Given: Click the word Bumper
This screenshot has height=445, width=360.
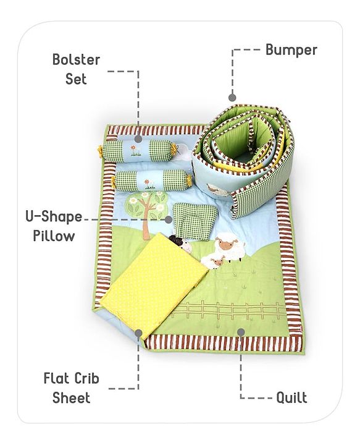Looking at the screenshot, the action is [291, 51].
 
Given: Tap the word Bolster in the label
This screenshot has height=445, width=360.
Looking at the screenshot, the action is [76, 59].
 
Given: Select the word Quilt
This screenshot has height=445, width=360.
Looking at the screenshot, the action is [291, 397].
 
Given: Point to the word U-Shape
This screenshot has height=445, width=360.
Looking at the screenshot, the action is [54, 217].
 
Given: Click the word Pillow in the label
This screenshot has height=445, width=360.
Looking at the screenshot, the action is [54, 236].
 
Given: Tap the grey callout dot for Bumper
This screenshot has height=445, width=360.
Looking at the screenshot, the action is [232, 98].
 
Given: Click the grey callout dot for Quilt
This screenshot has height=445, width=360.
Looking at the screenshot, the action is [241, 333].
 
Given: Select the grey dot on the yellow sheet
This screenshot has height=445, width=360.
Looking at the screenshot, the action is [138, 333].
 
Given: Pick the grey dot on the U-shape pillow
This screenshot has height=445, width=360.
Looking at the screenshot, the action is [169, 219].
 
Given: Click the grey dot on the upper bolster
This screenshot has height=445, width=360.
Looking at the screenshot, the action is [138, 139].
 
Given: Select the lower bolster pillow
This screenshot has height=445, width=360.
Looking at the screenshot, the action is [152, 180].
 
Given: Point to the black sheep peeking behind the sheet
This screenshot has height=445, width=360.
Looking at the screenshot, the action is [182, 244].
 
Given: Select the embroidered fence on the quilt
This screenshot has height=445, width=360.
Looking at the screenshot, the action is [230, 310].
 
